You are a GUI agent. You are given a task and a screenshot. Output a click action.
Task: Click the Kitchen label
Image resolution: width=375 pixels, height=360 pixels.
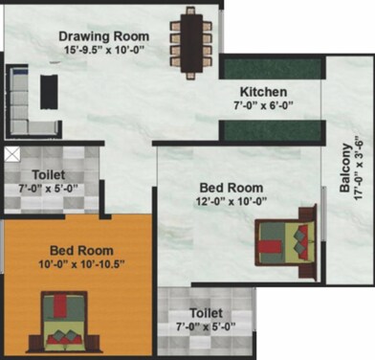click(263, 92)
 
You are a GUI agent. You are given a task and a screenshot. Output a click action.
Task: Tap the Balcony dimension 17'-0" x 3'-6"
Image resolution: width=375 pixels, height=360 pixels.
click(359, 173)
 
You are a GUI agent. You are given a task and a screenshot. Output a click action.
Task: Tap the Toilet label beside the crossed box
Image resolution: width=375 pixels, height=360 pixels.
click(48, 175)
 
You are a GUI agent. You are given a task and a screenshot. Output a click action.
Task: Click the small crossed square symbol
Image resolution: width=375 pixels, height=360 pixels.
click(11, 153)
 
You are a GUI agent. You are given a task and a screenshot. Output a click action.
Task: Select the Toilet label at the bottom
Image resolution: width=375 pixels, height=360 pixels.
click(206, 313)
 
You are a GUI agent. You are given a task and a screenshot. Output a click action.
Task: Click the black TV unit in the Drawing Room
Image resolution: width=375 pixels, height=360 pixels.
click(49, 91)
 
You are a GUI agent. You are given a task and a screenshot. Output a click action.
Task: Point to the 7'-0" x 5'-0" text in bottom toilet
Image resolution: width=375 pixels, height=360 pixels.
click(207, 327)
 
